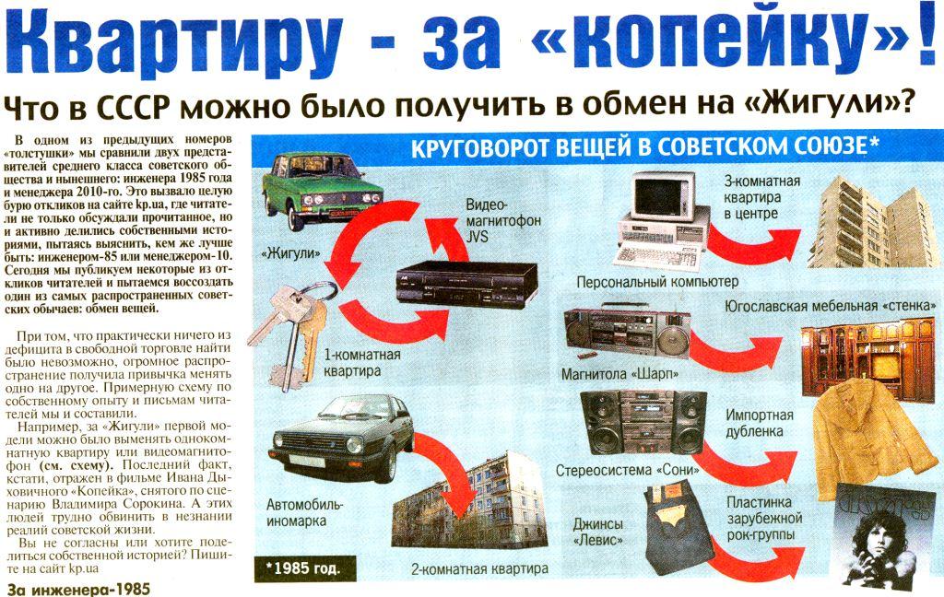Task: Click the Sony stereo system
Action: click(x=643, y=422)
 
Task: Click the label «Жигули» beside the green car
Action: click(x=290, y=253)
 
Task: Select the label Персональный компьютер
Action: click(x=657, y=282)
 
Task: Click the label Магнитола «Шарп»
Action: click(x=619, y=374)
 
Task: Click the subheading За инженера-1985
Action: click(x=77, y=589)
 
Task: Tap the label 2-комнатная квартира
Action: click(x=479, y=568)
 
